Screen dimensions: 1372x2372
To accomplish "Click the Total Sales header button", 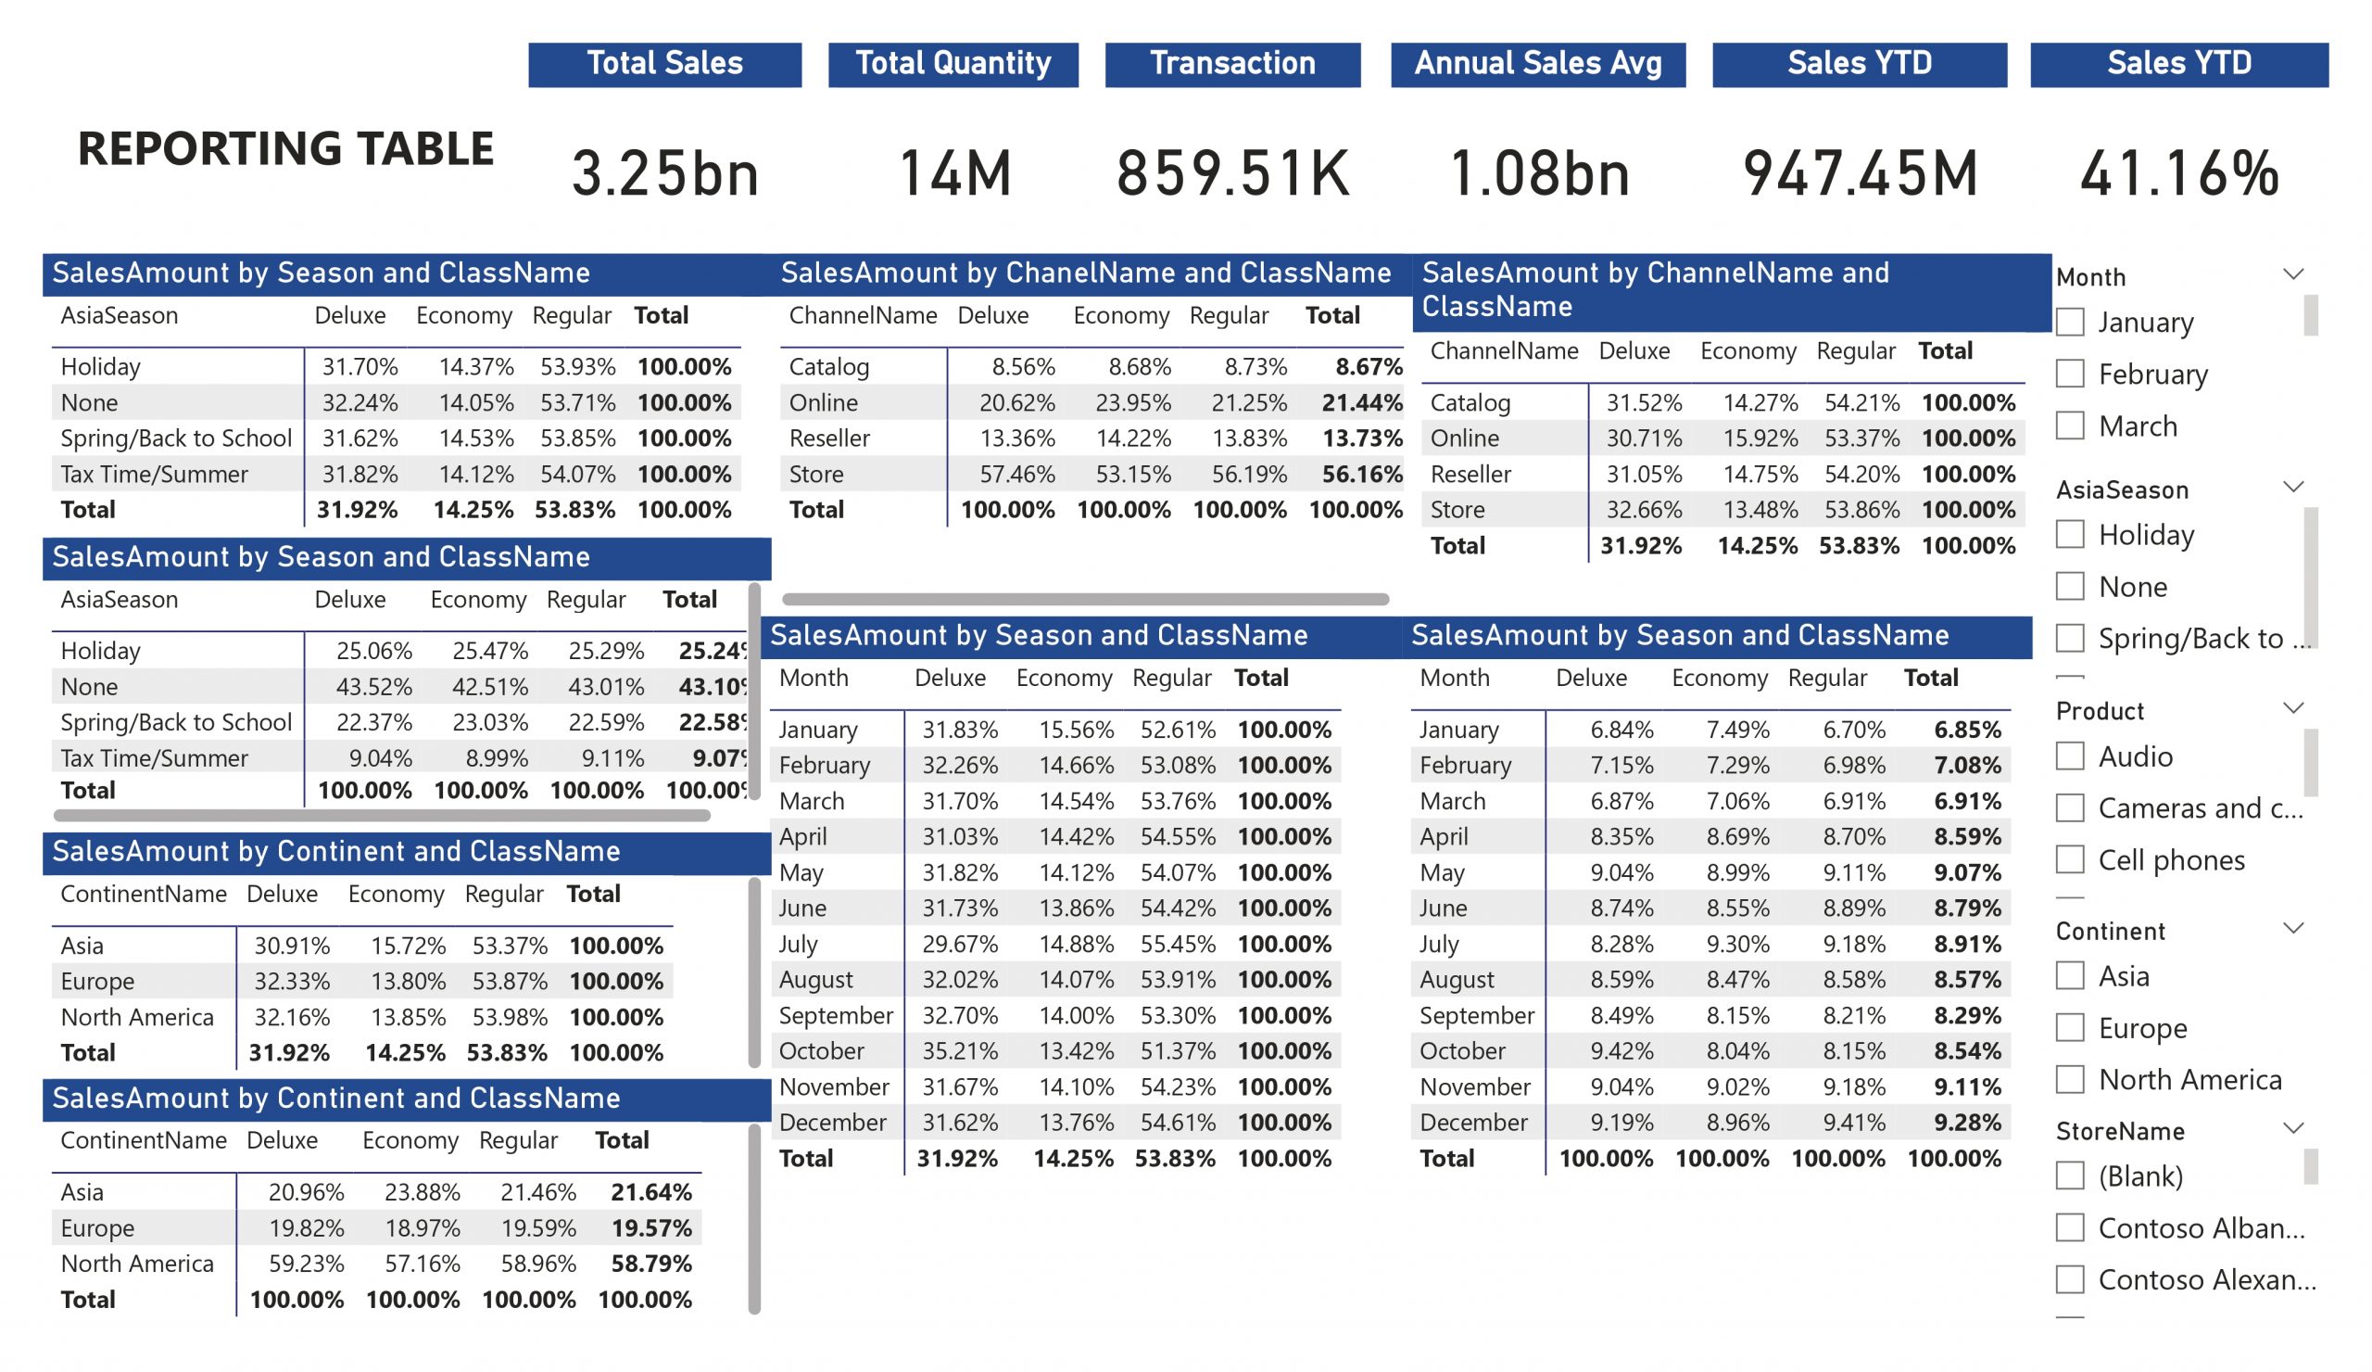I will pyautogui.click(x=664, y=64).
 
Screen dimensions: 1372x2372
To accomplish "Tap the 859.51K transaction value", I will pyautogui.click(x=1232, y=173).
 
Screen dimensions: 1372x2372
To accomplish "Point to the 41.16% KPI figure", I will pyautogui.click(x=2178, y=173).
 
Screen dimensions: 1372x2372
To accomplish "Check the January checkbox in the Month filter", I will pyautogui.click(x=2070, y=322).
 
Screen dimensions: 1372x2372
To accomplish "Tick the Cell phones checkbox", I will pyautogui.click(x=2070, y=859).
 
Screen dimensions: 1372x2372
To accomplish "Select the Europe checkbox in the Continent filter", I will pyautogui.click(x=2070, y=1027).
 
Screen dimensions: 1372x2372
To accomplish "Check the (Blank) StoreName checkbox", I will pyautogui.click(x=2070, y=1175).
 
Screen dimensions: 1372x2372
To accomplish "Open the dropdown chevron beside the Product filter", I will pyautogui.click(x=2293, y=708).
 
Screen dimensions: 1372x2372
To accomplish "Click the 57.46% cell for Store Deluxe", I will pyautogui.click(x=1016, y=474).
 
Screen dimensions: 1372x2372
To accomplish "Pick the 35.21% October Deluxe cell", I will pyautogui.click(x=959, y=1051).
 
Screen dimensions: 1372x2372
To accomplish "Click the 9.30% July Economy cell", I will pyautogui.click(x=1737, y=944).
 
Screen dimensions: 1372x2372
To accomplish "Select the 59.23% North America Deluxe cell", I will pyautogui.click(x=306, y=1264).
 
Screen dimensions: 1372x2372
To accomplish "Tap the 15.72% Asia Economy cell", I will pyautogui.click(x=408, y=946).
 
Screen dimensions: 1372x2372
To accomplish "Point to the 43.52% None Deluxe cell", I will pyautogui.click(x=373, y=687).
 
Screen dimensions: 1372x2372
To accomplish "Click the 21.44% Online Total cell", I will pyautogui.click(x=1361, y=403).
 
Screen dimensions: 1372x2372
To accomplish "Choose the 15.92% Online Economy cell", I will pyautogui.click(x=1760, y=438).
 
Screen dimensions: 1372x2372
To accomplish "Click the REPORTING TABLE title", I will pyautogui.click(x=285, y=148).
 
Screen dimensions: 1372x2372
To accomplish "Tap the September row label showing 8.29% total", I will pyautogui.click(x=1476, y=1015).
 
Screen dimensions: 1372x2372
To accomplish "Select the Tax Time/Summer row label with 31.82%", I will pyautogui.click(x=155, y=475).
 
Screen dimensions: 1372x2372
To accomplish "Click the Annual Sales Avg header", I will pyautogui.click(x=1537, y=64).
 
